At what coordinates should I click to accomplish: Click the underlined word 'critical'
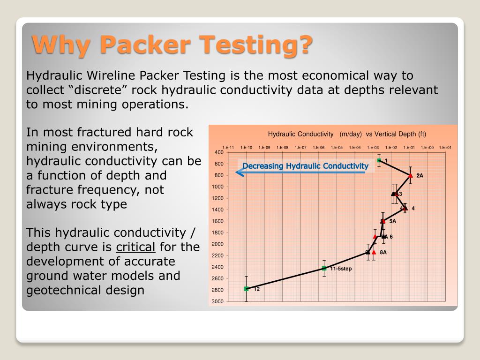tap(135, 247)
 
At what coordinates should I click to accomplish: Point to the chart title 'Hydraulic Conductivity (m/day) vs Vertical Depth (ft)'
tap(347, 134)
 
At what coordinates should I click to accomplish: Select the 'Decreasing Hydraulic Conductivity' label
tap(305, 166)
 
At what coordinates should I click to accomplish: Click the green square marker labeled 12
tap(247, 289)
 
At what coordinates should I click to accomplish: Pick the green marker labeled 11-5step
tap(324, 268)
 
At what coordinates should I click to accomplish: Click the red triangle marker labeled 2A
tap(411, 175)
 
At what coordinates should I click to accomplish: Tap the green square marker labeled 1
tap(379, 161)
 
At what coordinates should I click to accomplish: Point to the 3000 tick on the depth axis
tap(218, 301)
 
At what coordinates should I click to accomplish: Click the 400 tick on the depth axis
tap(218, 152)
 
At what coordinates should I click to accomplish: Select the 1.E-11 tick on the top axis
tap(228, 147)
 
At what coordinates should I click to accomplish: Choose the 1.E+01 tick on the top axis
tap(445, 147)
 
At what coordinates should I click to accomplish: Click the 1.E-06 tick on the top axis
tap(319, 147)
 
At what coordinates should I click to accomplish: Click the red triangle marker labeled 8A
tap(374, 252)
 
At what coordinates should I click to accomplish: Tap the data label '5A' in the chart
tap(392, 221)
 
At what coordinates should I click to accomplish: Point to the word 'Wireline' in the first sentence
tap(112, 76)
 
